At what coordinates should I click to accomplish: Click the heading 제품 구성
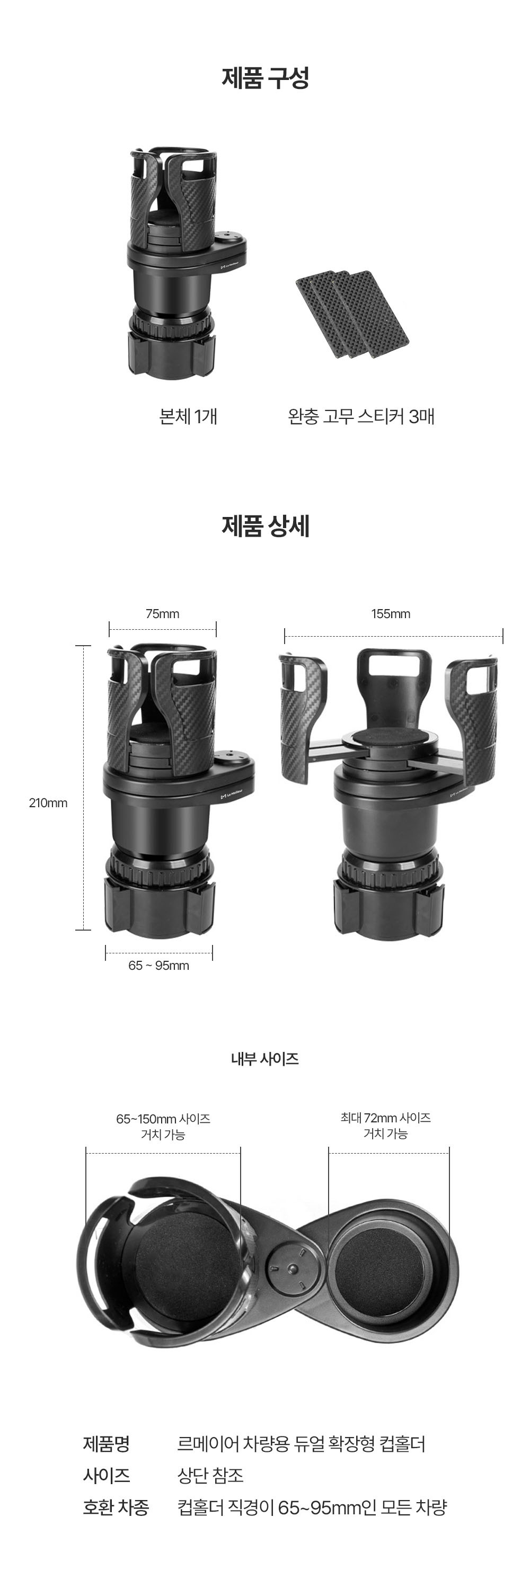[x=266, y=78]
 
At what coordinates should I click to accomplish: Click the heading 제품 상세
[x=266, y=526]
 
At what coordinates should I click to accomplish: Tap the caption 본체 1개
[x=188, y=416]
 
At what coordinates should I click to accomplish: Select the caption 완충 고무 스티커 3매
[x=361, y=416]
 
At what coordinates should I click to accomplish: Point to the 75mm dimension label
[x=162, y=614]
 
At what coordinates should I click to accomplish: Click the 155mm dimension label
[x=391, y=614]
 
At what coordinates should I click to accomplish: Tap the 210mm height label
[x=48, y=803]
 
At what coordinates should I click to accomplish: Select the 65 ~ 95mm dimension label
[x=158, y=966]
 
